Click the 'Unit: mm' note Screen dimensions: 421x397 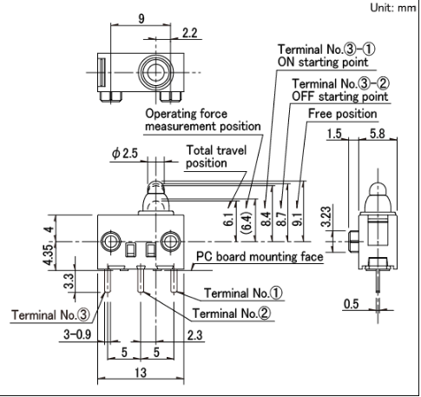click(392, 8)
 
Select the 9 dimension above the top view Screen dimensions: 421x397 click(141, 19)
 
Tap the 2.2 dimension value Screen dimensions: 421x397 click(190, 33)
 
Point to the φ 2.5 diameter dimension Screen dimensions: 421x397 click(125, 154)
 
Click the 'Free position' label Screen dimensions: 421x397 click(342, 114)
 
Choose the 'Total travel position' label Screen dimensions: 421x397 click(216, 156)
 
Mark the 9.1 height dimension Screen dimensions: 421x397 click(298, 219)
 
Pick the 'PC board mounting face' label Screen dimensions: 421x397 click(260, 256)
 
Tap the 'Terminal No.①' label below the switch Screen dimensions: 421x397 click(243, 293)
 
